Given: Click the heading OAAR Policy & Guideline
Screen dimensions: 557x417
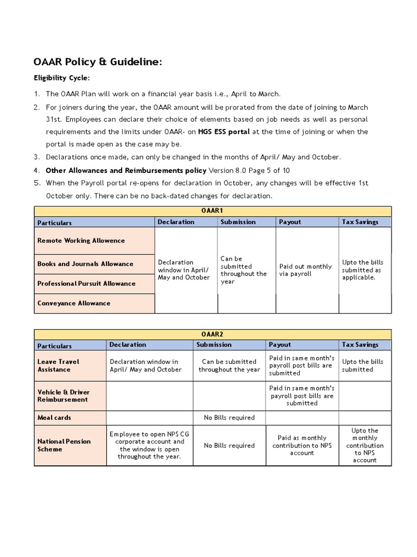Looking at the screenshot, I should coord(98,63).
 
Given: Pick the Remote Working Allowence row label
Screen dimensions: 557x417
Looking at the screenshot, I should coord(81,240).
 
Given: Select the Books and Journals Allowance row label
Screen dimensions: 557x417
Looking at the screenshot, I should coord(85,264).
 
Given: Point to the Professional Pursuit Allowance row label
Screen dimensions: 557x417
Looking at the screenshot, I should coord(86,283).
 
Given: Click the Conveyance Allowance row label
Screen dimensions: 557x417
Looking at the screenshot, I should coord(74,303).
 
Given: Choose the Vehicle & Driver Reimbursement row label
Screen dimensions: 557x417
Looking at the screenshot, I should coord(64,395).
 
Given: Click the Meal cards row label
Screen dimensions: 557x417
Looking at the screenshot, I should coord(54,418).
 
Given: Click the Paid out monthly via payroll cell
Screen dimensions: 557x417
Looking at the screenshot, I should coord(305,270).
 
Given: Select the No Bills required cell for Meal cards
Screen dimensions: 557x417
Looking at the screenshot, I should coord(229,418).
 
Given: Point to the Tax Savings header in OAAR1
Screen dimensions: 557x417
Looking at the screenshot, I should coord(359,222).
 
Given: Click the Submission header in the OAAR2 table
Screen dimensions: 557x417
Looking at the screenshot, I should coord(214,345).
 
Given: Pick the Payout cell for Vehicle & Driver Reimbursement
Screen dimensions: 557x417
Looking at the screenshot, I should coord(302,395).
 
